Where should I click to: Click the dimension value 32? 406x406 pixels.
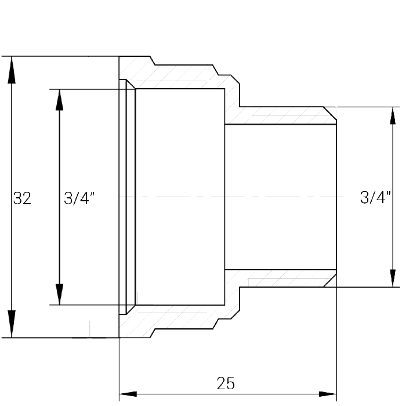[x=22, y=198]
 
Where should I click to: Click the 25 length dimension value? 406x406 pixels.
[x=226, y=383]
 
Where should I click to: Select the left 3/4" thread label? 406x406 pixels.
[x=79, y=198]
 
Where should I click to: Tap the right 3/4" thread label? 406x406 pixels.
[x=375, y=197]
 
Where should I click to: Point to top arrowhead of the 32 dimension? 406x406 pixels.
[x=12, y=70]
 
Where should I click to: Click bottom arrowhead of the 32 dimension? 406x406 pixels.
[x=12, y=324]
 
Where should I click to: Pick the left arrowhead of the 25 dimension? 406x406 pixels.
[x=128, y=394]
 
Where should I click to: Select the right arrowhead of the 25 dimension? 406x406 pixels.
[x=327, y=394]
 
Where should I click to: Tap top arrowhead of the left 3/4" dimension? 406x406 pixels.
[x=60, y=100]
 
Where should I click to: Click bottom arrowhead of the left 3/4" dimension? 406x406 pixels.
[x=60, y=295]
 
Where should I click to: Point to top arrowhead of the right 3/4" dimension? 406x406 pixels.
[x=393, y=115]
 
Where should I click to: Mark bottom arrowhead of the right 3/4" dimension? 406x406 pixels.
[x=393, y=278]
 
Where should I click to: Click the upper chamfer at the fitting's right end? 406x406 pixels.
[x=330, y=113]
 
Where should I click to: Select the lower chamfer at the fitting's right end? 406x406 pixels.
[x=330, y=280]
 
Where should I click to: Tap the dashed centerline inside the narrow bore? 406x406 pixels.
[x=280, y=197]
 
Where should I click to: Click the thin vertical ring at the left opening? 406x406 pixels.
[x=123, y=197]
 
